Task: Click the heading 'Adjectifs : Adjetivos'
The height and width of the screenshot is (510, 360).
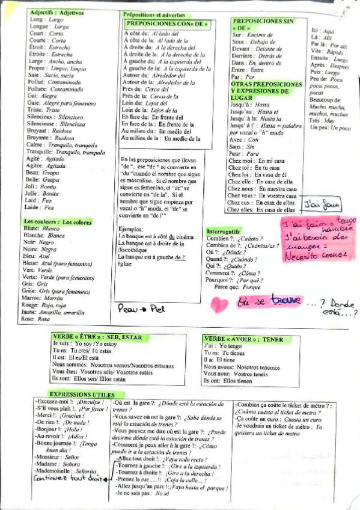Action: [56, 12]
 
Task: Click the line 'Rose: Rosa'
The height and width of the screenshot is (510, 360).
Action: [35, 319]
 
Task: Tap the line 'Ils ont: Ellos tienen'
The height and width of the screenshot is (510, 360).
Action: [228, 381]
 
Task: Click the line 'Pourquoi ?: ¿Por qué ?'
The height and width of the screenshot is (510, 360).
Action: [231, 280]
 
